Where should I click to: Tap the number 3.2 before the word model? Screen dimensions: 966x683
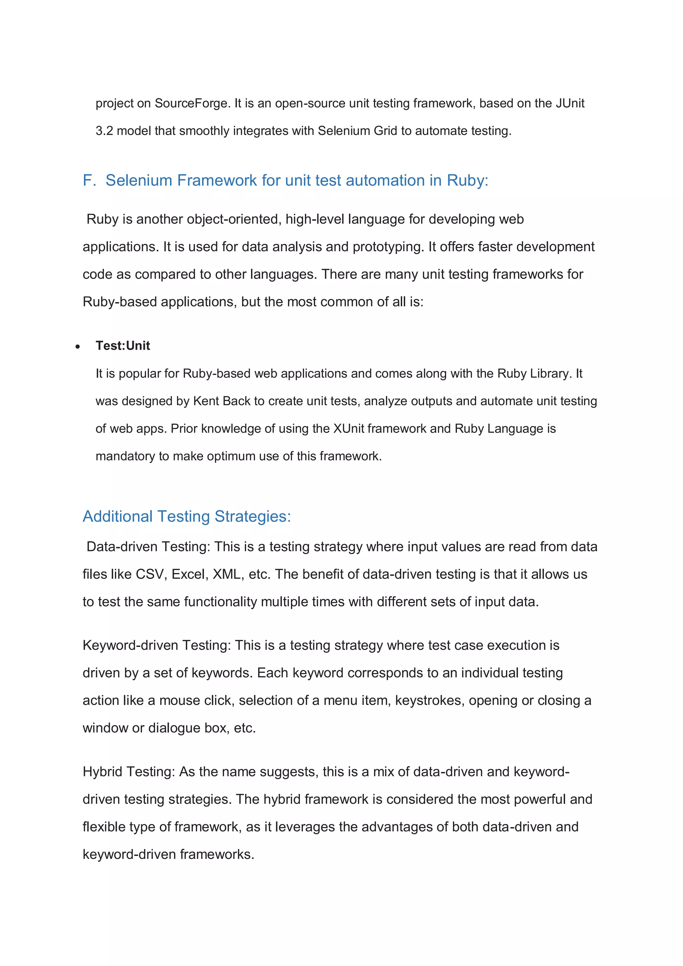coord(104,131)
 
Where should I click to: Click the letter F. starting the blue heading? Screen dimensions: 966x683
coord(89,180)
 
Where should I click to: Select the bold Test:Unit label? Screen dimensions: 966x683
coord(122,346)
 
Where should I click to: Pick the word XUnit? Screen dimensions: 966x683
coord(349,429)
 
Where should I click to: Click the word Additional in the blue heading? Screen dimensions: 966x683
coord(117,517)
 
